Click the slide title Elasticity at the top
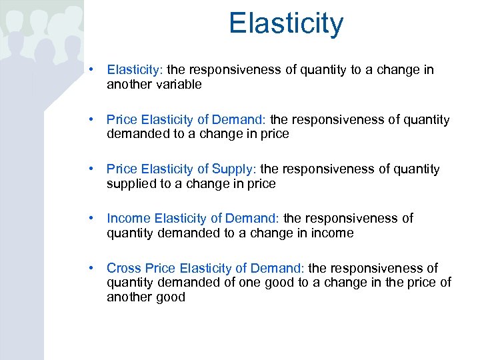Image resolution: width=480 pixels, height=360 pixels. coord(286,23)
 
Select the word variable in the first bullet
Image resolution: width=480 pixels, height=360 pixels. coord(178,85)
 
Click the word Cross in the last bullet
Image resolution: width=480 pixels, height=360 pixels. coord(124,268)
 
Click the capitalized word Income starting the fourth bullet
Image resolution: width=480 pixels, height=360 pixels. coord(129,219)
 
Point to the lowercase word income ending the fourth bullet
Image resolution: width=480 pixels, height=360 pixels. coord(332,233)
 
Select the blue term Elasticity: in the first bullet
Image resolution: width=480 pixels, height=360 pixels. coord(135,70)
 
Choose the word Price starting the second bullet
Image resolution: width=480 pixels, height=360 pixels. coord(121,120)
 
